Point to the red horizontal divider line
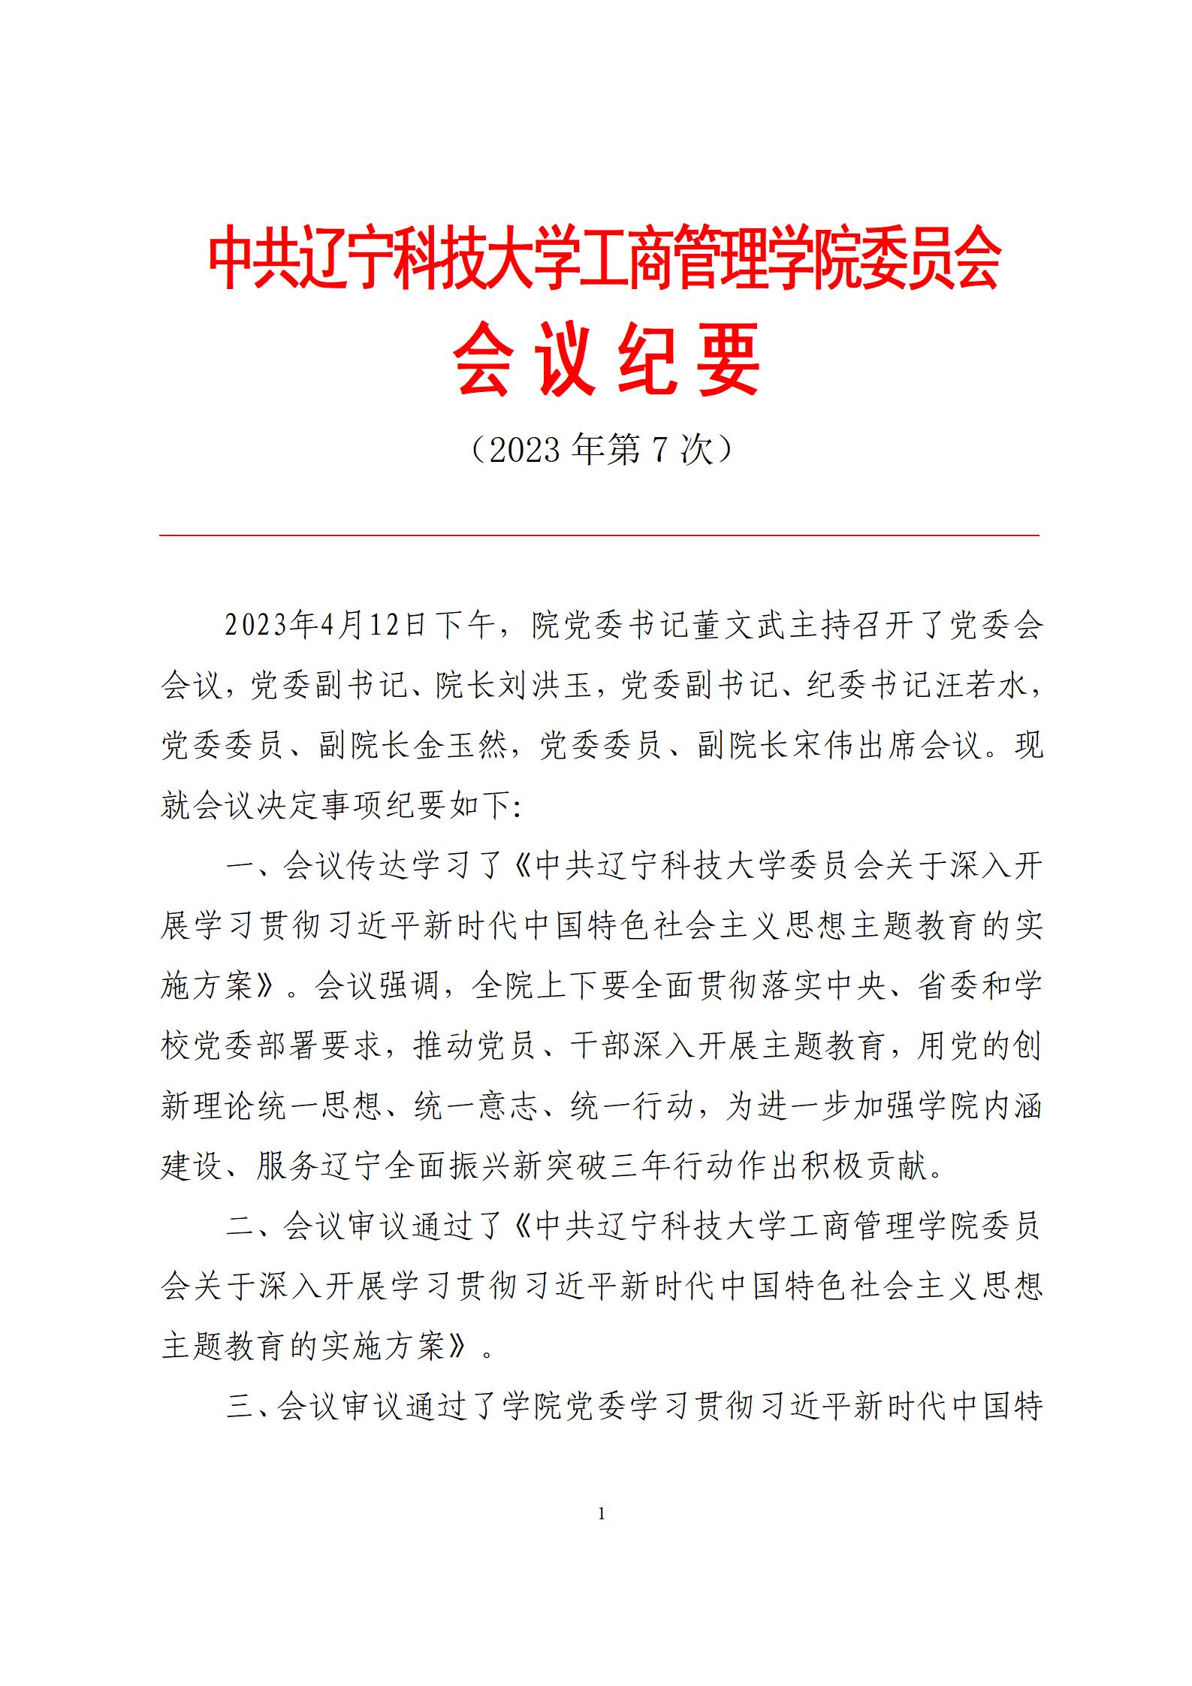tap(599, 535)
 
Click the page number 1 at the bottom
tap(601, 1514)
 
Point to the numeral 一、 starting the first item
tap(252, 866)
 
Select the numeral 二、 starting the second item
tap(252, 1226)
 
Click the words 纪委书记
tap(869, 686)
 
